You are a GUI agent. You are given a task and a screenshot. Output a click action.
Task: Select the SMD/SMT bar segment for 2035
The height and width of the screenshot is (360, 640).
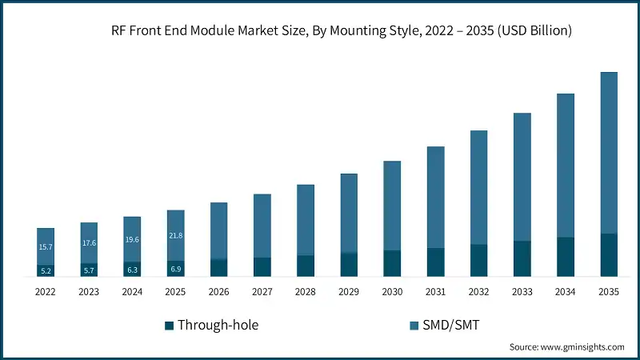pos(609,152)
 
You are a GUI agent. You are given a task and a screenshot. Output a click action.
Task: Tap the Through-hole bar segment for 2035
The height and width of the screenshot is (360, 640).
pos(609,255)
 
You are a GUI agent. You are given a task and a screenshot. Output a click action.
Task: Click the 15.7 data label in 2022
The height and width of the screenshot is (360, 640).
pos(46,246)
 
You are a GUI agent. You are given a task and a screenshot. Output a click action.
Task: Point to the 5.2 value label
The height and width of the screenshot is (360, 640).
pos(46,271)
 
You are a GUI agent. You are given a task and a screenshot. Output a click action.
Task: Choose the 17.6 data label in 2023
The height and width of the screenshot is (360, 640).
pos(89,243)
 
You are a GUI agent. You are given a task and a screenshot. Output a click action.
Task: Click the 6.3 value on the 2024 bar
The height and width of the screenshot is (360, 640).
pos(132,270)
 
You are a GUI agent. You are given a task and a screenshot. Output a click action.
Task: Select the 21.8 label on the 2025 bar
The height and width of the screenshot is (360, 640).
pos(175,235)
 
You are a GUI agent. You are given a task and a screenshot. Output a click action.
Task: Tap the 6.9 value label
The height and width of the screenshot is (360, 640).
pos(175,269)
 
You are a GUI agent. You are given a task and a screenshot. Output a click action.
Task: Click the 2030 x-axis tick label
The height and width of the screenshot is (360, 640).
pos(392,293)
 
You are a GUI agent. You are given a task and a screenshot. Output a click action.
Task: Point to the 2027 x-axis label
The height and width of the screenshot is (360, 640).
pos(262,293)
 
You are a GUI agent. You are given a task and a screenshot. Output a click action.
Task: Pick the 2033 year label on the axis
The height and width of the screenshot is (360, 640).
pos(522,293)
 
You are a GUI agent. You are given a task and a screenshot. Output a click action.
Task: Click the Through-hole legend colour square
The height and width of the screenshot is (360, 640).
pos(169,325)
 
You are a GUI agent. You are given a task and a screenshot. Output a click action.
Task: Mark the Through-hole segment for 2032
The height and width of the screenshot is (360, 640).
pos(478,261)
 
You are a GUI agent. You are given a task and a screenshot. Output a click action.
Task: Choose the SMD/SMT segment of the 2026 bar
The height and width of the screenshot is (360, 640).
pos(218,230)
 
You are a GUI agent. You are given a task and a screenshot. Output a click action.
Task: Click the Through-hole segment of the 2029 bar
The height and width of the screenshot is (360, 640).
pos(349,265)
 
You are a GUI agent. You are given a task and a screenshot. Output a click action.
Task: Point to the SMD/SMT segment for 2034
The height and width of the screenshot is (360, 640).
pos(566,165)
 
